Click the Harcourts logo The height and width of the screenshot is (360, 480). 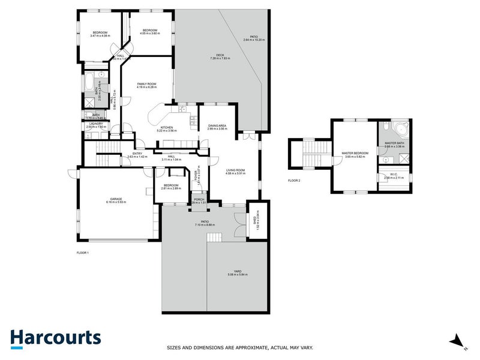[x=55, y=338]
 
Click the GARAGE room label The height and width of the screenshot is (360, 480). [x=116, y=200]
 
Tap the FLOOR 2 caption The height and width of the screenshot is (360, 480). [x=294, y=180]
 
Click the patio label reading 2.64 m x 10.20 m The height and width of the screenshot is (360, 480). [x=254, y=38]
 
